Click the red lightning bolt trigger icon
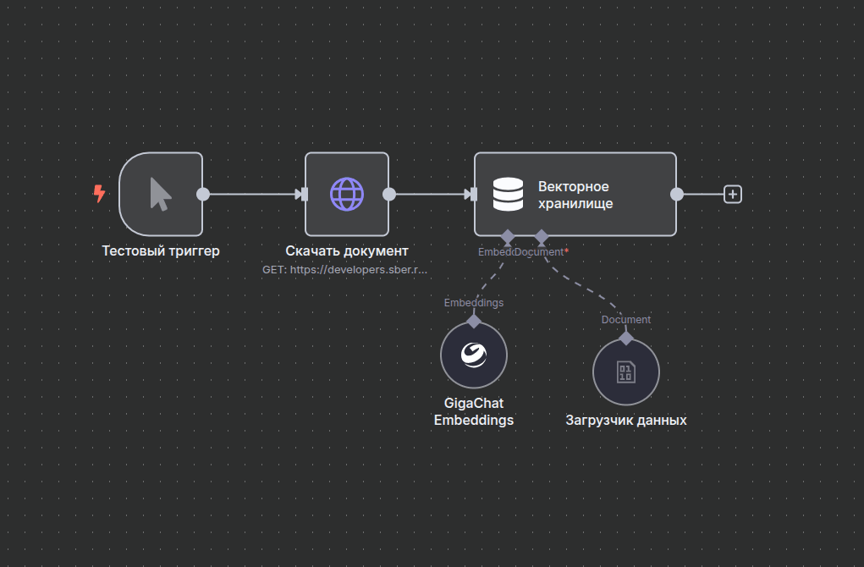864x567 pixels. (99, 195)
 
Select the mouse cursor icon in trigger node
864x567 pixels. (160, 194)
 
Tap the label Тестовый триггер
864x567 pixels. (161, 250)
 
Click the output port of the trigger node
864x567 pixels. (203, 194)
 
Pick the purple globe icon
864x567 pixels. (347, 194)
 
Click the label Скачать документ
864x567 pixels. (347, 250)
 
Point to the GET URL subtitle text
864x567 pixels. (345, 269)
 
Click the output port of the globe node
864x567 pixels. (389, 194)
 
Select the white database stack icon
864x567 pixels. (508, 194)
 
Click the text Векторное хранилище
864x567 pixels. (575, 195)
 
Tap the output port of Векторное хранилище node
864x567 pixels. (677, 194)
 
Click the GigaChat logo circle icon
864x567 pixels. (474, 354)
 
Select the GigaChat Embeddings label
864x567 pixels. (474, 411)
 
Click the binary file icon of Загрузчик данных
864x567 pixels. (625, 372)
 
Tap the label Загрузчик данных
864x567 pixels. (626, 420)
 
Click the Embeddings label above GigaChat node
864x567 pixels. (474, 302)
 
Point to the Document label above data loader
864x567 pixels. (626, 319)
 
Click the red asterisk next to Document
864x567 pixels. (566, 251)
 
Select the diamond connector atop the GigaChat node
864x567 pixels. (474, 321)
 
